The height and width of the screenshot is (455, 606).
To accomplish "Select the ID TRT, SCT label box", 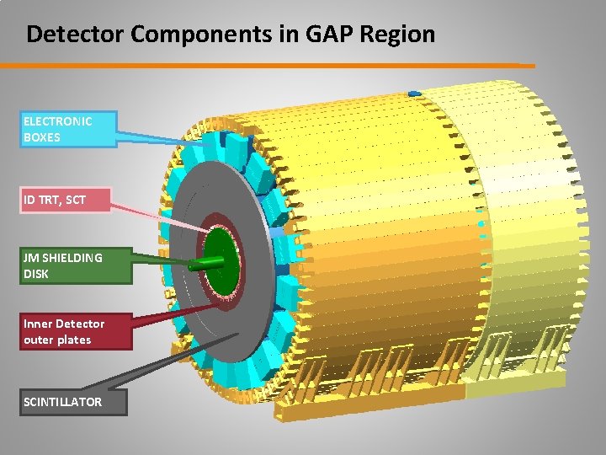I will pyautogui.click(x=66, y=201).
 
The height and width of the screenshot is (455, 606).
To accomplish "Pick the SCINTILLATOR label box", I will pyautogui.click(x=74, y=402).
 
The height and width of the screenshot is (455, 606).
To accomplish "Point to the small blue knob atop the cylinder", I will pyautogui.click(x=413, y=92).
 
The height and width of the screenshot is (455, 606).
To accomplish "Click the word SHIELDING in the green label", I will pyautogui.click(x=73, y=258).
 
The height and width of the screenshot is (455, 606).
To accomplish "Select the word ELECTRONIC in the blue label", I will pyautogui.click(x=57, y=120).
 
